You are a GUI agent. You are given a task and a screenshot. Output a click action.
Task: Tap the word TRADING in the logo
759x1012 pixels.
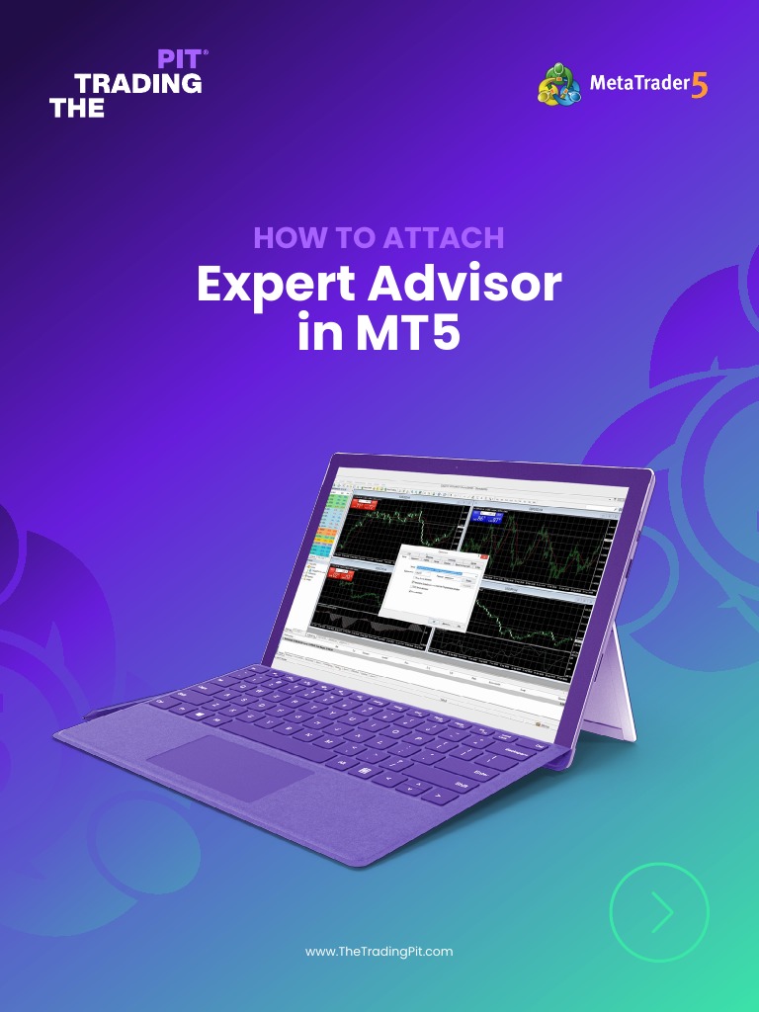coord(138,84)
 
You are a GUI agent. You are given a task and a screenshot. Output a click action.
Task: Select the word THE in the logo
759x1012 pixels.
coord(77,110)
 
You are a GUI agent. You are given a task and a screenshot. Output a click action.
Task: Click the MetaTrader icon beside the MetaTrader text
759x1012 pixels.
coord(560,84)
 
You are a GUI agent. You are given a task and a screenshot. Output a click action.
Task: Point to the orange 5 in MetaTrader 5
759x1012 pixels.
coord(699,86)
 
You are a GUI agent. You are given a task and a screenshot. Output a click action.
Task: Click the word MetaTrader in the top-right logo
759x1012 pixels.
coord(638,84)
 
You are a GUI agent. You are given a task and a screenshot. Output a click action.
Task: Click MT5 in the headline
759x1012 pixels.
coord(404,334)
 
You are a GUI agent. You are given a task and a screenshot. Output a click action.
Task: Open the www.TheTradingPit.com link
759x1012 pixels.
coord(379,951)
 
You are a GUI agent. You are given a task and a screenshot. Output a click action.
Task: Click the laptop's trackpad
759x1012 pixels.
coord(229,766)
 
